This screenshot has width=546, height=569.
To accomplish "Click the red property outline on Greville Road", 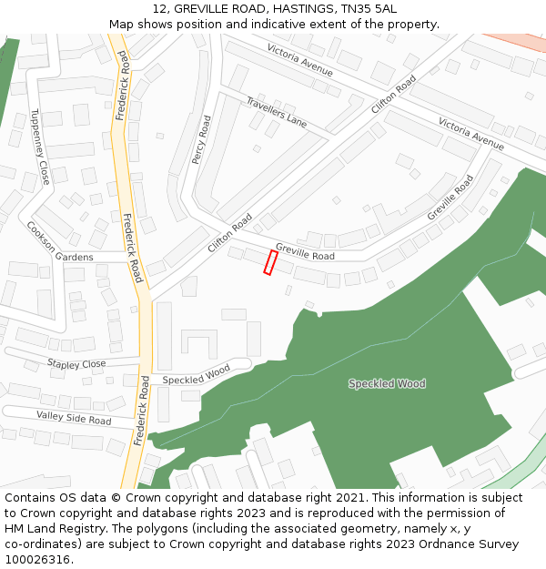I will click(x=269, y=262).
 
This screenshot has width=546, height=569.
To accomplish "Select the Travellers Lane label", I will click(x=277, y=110).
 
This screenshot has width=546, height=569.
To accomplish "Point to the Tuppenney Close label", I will click(x=40, y=147).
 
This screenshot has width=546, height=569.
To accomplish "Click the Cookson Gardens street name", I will click(x=60, y=242).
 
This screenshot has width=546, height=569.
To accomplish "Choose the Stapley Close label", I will click(x=76, y=364).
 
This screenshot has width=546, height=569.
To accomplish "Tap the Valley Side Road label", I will click(x=74, y=418).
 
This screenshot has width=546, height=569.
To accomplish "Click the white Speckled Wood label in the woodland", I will click(x=387, y=384).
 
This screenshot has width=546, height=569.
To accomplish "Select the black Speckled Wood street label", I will click(x=196, y=374).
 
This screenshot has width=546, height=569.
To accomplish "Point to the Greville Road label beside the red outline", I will click(x=305, y=252).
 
